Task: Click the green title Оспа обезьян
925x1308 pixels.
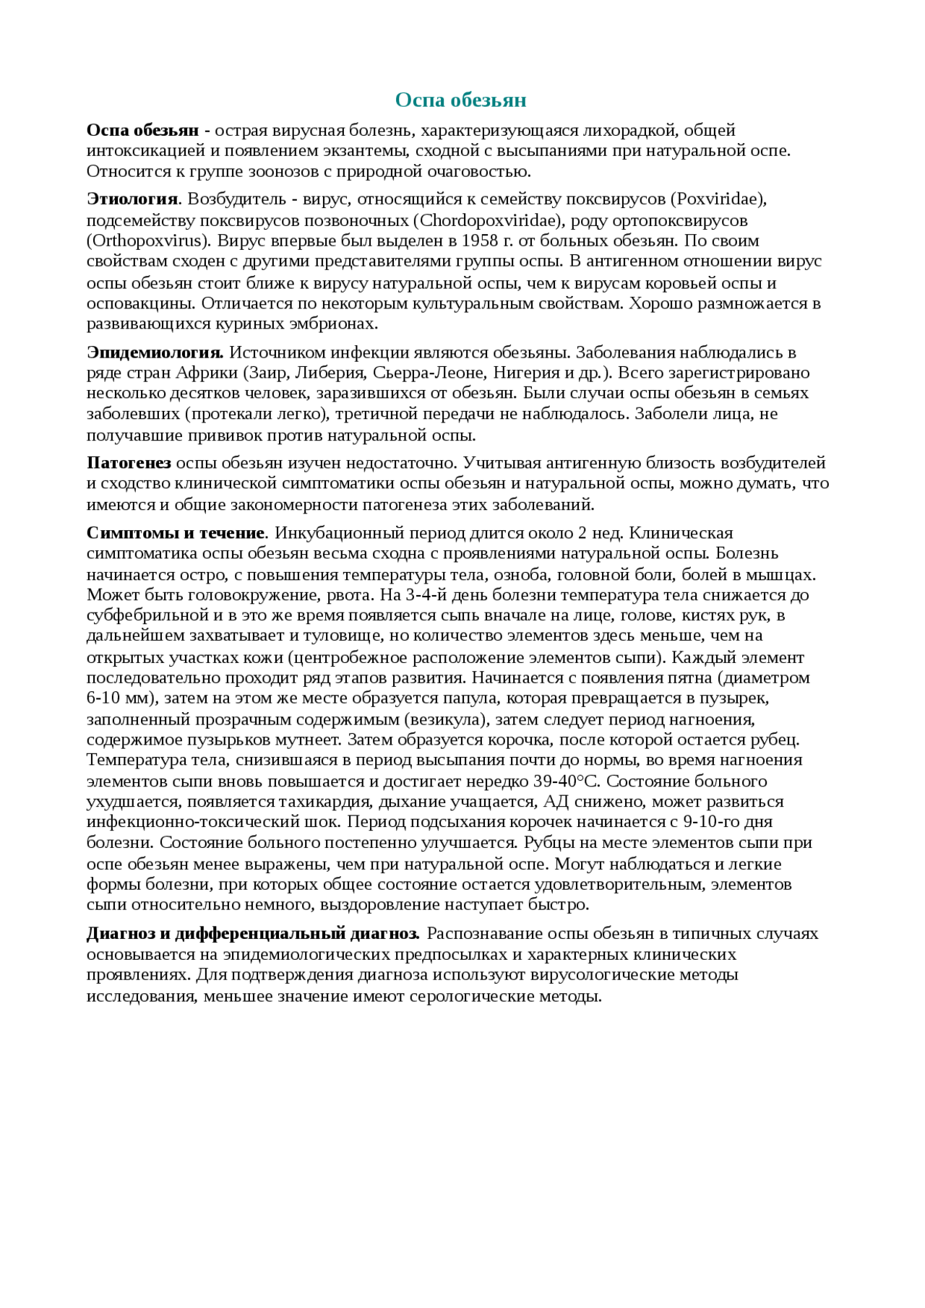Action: click(x=460, y=100)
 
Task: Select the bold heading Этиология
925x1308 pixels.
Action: click(x=132, y=199)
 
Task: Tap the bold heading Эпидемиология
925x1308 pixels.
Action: click(x=155, y=352)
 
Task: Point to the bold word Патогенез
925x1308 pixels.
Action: click(x=129, y=463)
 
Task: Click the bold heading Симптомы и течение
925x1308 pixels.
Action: click(x=176, y=533)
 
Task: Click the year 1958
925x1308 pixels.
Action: click(x=481, y=241)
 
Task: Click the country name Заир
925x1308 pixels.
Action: click(x=267, y=373)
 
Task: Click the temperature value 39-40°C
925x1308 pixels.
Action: click(x=567, y=781)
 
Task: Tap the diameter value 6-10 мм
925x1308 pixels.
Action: click(x=121, y=698)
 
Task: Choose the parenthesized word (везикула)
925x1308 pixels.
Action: click(x=447, y=719)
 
